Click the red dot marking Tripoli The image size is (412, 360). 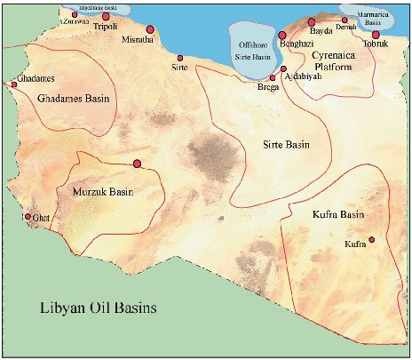pos(107,16)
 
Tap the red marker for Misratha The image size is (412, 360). pos(150,29)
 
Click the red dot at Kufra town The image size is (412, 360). pos(372,239)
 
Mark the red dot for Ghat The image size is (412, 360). pos(28,216)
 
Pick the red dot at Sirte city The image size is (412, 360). pos(180,59)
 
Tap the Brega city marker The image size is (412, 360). pos(273,77)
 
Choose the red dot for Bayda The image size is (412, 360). pos(312,21)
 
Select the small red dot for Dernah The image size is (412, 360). pos(345,20)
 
